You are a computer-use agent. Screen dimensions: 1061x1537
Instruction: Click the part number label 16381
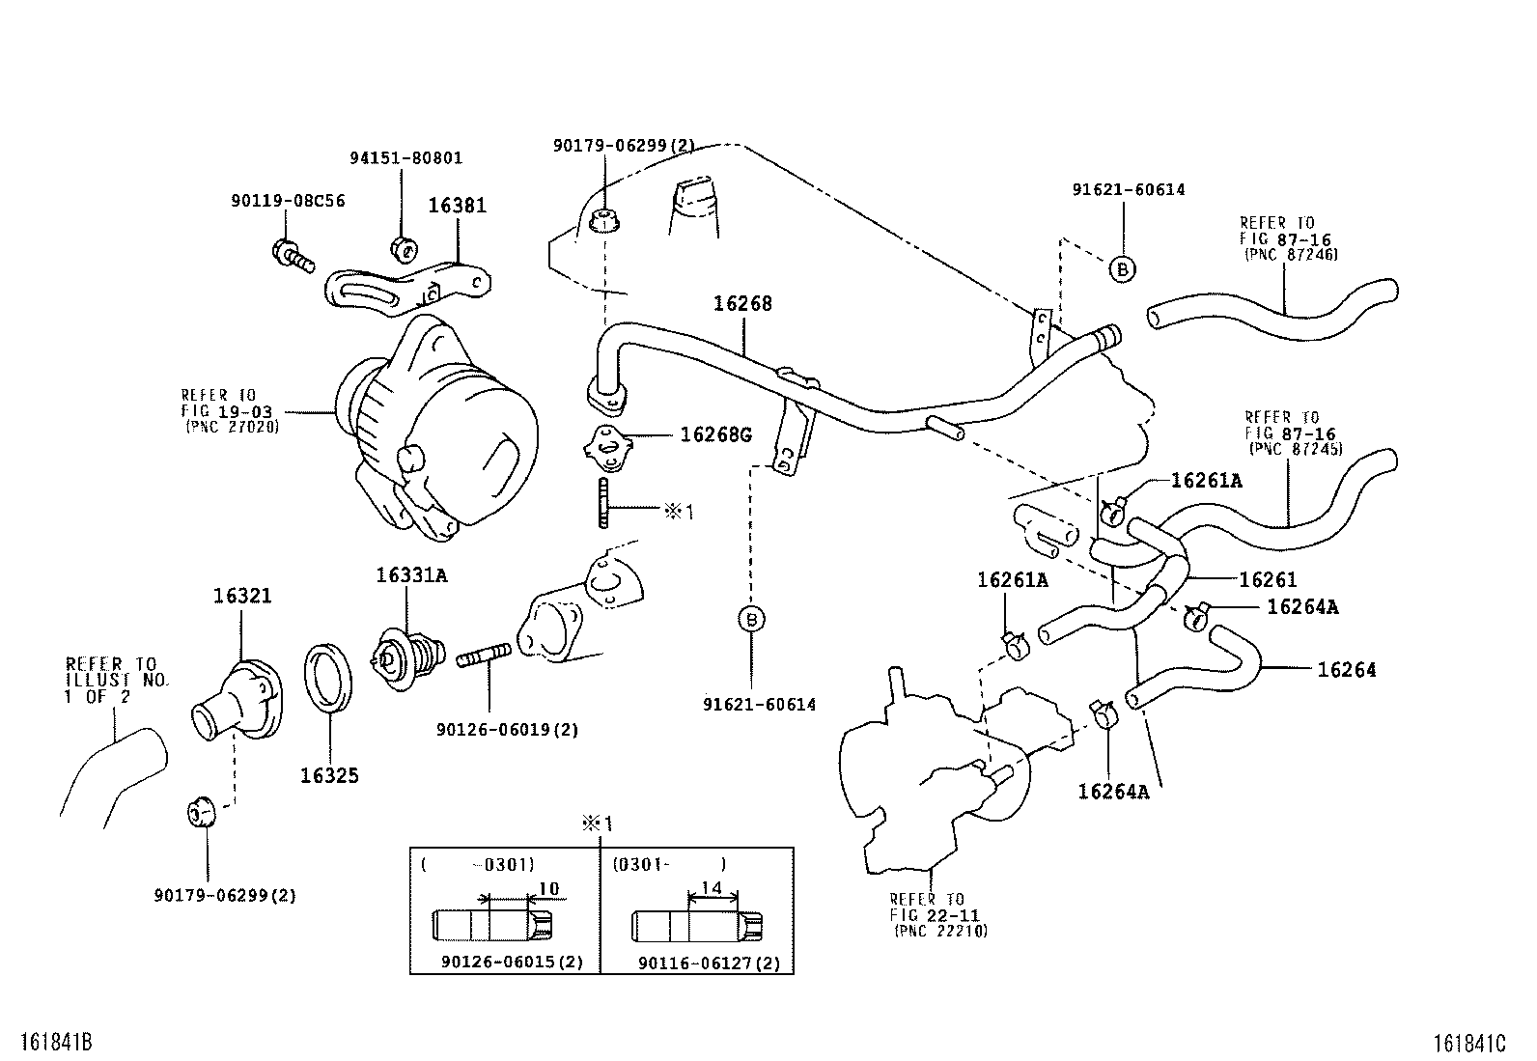point(458,206)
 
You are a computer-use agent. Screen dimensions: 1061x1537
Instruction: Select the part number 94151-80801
point(405,157)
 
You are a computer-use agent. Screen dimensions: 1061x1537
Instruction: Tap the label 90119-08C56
point(288,201)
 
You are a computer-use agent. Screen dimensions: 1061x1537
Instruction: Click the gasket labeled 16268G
point(606,443)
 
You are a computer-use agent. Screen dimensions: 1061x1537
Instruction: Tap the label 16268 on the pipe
point(743,303)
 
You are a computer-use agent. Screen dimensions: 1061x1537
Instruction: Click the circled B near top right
point(1122,269)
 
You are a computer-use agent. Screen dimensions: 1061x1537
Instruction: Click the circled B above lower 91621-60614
point(752,619)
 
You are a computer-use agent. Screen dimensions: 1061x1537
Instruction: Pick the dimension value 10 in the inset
point(548,889)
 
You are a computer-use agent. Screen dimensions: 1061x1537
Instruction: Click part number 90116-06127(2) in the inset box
point(709,963)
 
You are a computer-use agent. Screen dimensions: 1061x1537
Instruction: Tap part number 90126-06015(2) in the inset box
point(512,963)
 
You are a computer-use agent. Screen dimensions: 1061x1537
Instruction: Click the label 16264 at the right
point(1347,670)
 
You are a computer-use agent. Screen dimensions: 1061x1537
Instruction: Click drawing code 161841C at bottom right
point(1469,1043)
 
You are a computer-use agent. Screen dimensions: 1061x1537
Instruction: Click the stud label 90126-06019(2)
point(508,730)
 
